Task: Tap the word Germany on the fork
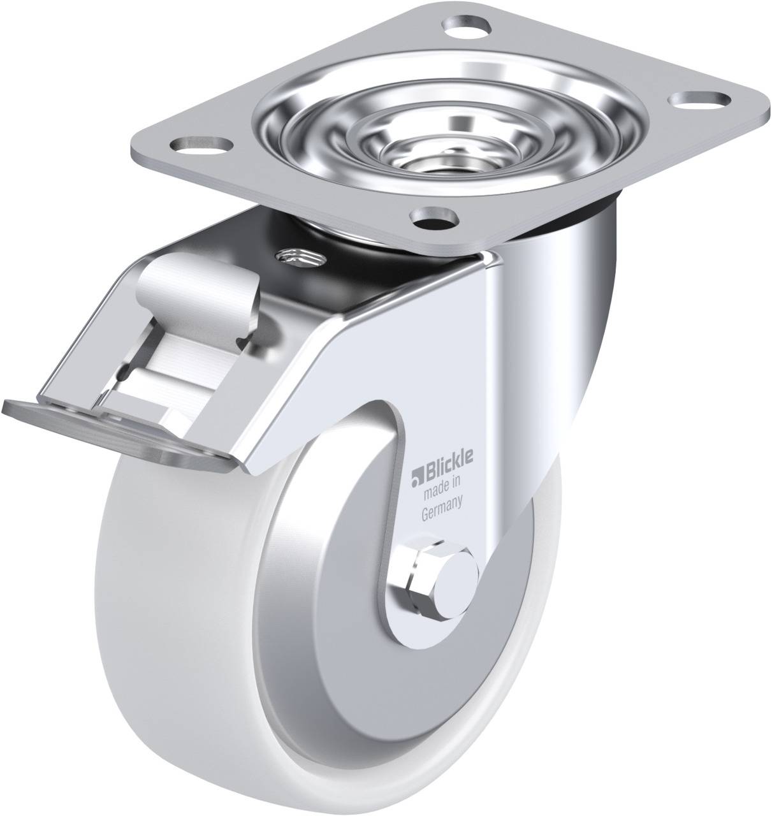click(x=442, y=509)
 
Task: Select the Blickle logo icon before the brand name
click(x=416, y=476)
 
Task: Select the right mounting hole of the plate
click(x=701, y=99)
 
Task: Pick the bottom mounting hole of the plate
click(x=435, y=215)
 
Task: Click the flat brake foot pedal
click(x=116, y=432)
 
